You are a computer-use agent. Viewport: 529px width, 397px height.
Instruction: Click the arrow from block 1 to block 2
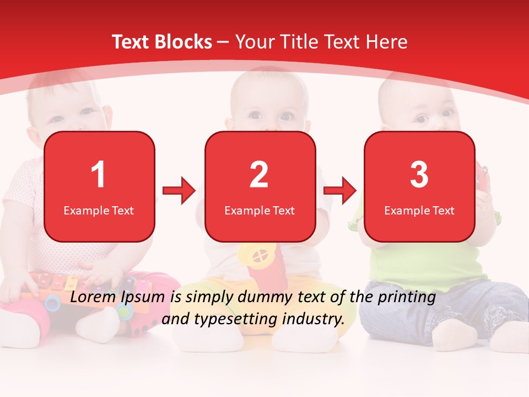click(179, 191)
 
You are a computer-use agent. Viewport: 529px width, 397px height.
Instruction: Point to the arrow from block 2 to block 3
click(340, 191)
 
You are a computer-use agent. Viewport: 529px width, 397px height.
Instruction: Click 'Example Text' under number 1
click(99, 210)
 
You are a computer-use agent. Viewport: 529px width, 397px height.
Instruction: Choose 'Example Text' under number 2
click(260, 210)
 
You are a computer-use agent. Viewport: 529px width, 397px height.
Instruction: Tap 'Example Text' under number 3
click(419, 210)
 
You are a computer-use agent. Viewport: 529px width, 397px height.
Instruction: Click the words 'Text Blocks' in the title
click(162, 42)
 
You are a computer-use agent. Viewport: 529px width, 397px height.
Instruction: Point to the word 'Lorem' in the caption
click(93, 297)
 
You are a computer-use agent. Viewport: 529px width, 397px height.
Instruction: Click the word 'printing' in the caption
click(406, 297)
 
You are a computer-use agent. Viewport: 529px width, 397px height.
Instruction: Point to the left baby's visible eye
click(87, 111)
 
